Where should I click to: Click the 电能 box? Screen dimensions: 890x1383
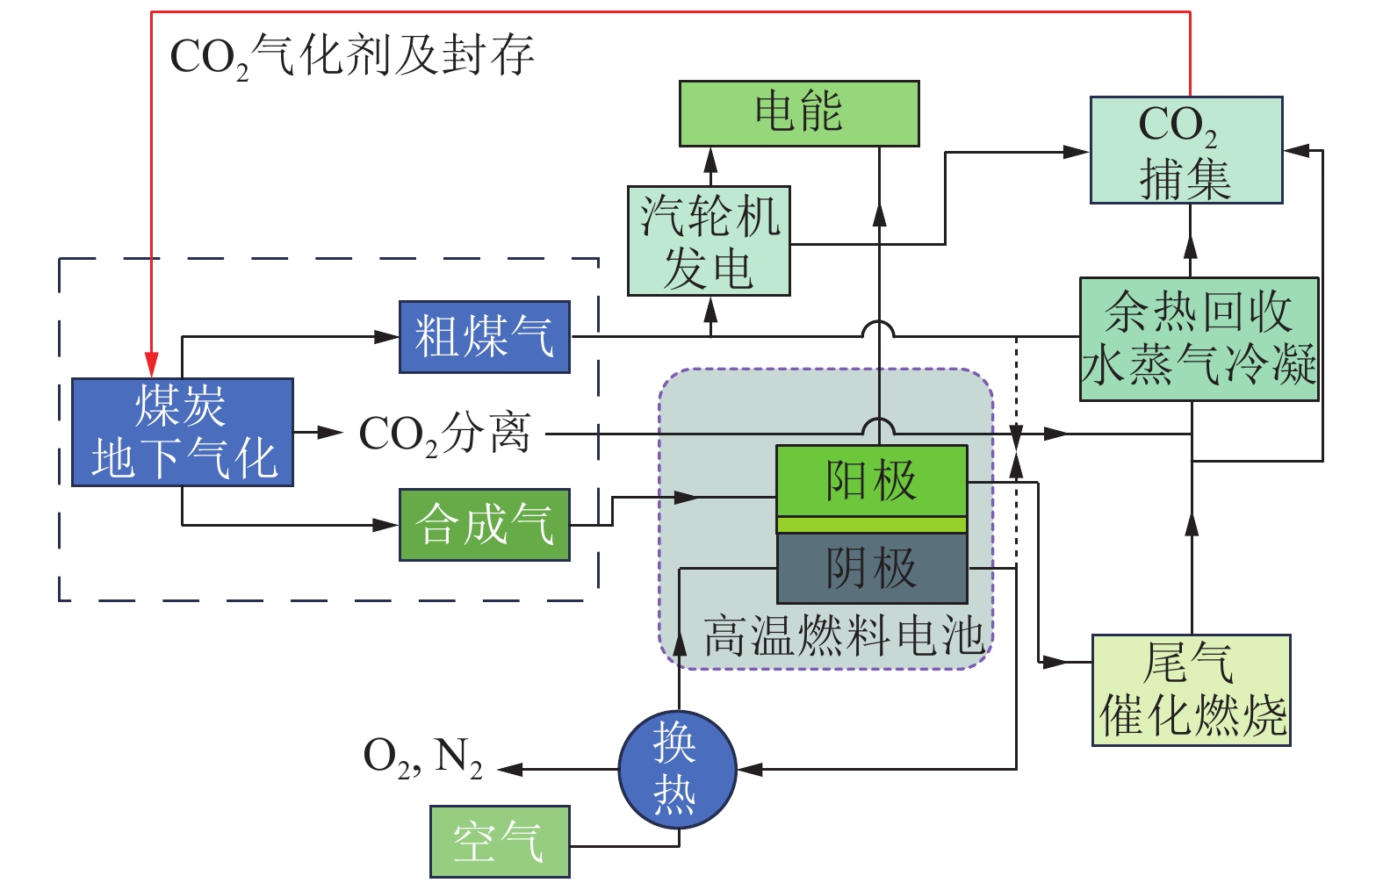(798, 113)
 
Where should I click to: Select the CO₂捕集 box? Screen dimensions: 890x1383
(1185, 150)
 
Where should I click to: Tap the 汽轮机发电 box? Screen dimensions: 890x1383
(709, 240)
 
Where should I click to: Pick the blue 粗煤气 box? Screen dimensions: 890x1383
(484, 336)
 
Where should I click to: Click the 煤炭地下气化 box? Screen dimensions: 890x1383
(182, 432)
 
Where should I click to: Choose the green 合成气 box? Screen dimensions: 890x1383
(484, 525)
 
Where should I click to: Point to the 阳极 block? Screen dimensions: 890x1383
(871, 480)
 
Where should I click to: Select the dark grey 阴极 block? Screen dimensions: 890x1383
(871, 568)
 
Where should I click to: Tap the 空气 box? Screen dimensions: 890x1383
(499, 842)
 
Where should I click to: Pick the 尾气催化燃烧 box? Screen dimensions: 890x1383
(1191, 690)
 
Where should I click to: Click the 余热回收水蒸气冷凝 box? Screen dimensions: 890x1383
(1199, 339)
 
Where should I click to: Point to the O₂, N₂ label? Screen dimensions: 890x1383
(422, 757)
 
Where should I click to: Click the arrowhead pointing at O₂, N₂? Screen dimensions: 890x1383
(510, 770)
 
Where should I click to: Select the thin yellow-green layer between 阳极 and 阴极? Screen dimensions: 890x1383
(871, 525)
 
